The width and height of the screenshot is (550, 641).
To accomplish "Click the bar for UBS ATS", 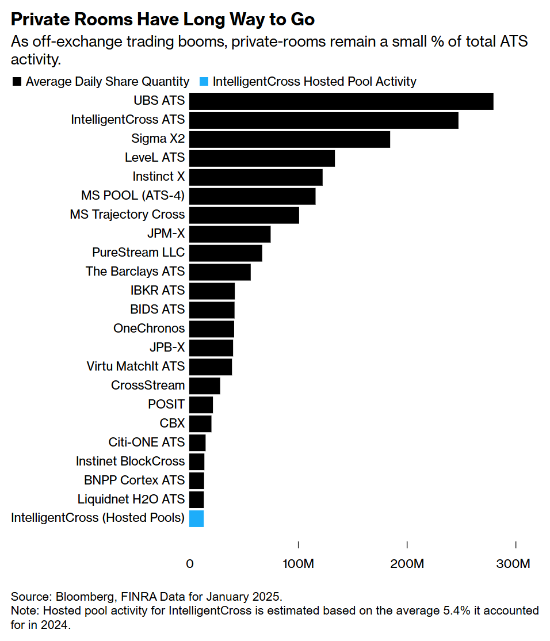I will (341, 101).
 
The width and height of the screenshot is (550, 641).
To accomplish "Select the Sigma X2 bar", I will (289, 139).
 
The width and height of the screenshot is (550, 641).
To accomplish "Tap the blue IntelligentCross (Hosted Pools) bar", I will (196, 518).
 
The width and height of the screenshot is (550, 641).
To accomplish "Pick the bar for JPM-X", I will (230, 234).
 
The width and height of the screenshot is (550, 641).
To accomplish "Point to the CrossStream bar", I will (204, 386).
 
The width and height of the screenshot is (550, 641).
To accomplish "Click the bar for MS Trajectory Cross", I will (244, 215).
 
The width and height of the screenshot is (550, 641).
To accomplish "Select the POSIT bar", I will (201, 405).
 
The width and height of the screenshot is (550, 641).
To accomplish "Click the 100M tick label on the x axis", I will (298, 564).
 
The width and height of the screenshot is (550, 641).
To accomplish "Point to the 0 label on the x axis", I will (190, 564).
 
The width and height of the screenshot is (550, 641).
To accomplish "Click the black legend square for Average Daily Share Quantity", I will (17, 82).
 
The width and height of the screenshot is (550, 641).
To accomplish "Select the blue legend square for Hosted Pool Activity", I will (204, 82).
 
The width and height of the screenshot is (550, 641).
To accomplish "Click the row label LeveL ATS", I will (155, 158).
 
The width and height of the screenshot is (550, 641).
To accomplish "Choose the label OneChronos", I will (149, 329).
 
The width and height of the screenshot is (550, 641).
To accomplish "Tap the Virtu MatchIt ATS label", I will (135, 367).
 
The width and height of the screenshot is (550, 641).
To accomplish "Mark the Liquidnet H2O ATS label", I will (131, 499).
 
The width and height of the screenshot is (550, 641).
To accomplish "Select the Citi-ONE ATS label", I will (147, 442).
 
